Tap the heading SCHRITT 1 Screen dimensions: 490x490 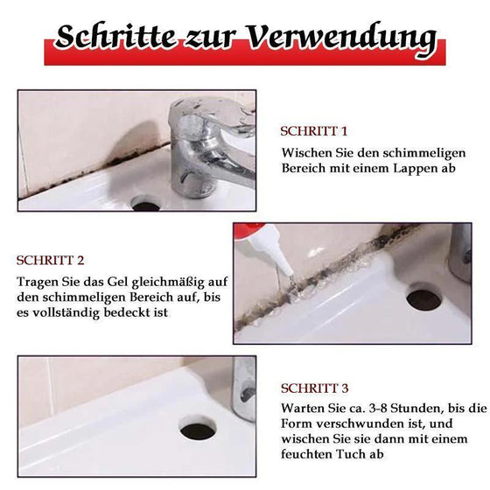[313, 131]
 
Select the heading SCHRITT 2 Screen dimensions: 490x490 [51, 260]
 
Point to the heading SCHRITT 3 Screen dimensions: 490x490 [314, 388]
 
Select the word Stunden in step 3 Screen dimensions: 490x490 [409, 409]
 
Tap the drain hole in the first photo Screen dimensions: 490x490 [145, 204]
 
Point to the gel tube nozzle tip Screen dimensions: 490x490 [278, 269]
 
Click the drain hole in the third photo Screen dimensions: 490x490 [198, 428]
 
